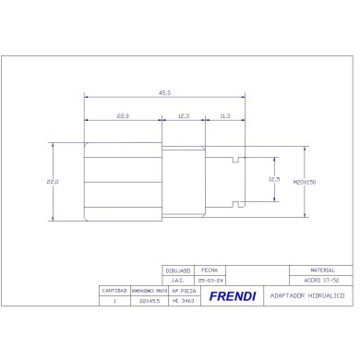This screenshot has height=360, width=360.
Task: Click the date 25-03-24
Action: (x=210, y=280)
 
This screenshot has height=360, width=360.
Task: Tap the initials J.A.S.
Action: (x=179, y=280)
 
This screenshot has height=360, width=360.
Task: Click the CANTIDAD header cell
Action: (x=114, y=290)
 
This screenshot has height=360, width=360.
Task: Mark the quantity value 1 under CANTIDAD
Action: (x=114, y=300)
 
